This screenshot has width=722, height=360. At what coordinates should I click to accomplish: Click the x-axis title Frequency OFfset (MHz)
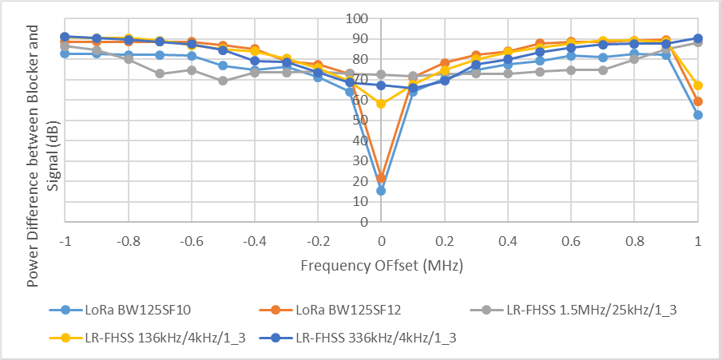coord(381,263)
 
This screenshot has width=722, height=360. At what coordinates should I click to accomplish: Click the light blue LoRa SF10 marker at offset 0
coord(381,191)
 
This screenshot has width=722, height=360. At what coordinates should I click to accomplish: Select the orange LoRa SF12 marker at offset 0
coord(381,178)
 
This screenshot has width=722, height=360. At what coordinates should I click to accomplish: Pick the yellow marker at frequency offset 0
coord(381,104)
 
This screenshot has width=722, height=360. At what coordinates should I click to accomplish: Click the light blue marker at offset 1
coord(698,115)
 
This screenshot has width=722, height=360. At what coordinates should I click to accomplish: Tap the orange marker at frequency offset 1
coord(698,101)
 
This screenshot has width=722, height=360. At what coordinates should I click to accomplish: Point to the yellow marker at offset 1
coord(698,85)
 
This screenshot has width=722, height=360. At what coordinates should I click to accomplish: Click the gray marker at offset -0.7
coord(160,73)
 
